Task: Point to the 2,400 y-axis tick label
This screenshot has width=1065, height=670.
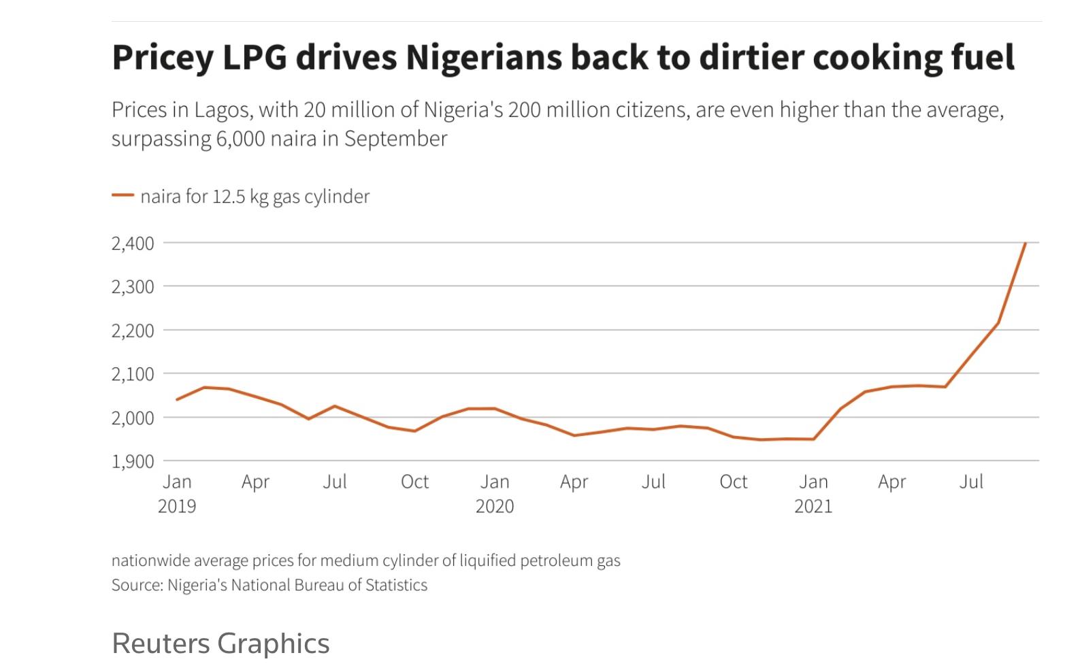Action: [132, 243]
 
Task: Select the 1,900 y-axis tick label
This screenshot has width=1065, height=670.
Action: [132, 461]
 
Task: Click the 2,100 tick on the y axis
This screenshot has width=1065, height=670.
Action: [132, 374]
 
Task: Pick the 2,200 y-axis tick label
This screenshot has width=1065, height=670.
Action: [132, 331]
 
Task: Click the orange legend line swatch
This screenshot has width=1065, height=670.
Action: [122, 196]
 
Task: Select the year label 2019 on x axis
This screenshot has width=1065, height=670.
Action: [177, 507]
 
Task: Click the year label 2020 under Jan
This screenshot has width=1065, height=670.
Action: [495, 507]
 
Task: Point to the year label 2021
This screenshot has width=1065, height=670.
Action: [813, 507]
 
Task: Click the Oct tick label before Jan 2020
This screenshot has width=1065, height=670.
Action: [414, 482]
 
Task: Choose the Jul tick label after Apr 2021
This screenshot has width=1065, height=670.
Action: [971, 482]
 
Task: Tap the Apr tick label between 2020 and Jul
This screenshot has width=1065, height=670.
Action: [574, 482]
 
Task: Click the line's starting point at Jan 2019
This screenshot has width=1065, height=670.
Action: [177, 399]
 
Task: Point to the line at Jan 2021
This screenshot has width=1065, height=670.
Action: [813, 439]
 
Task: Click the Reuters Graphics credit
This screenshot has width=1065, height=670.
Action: [220, 643]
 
